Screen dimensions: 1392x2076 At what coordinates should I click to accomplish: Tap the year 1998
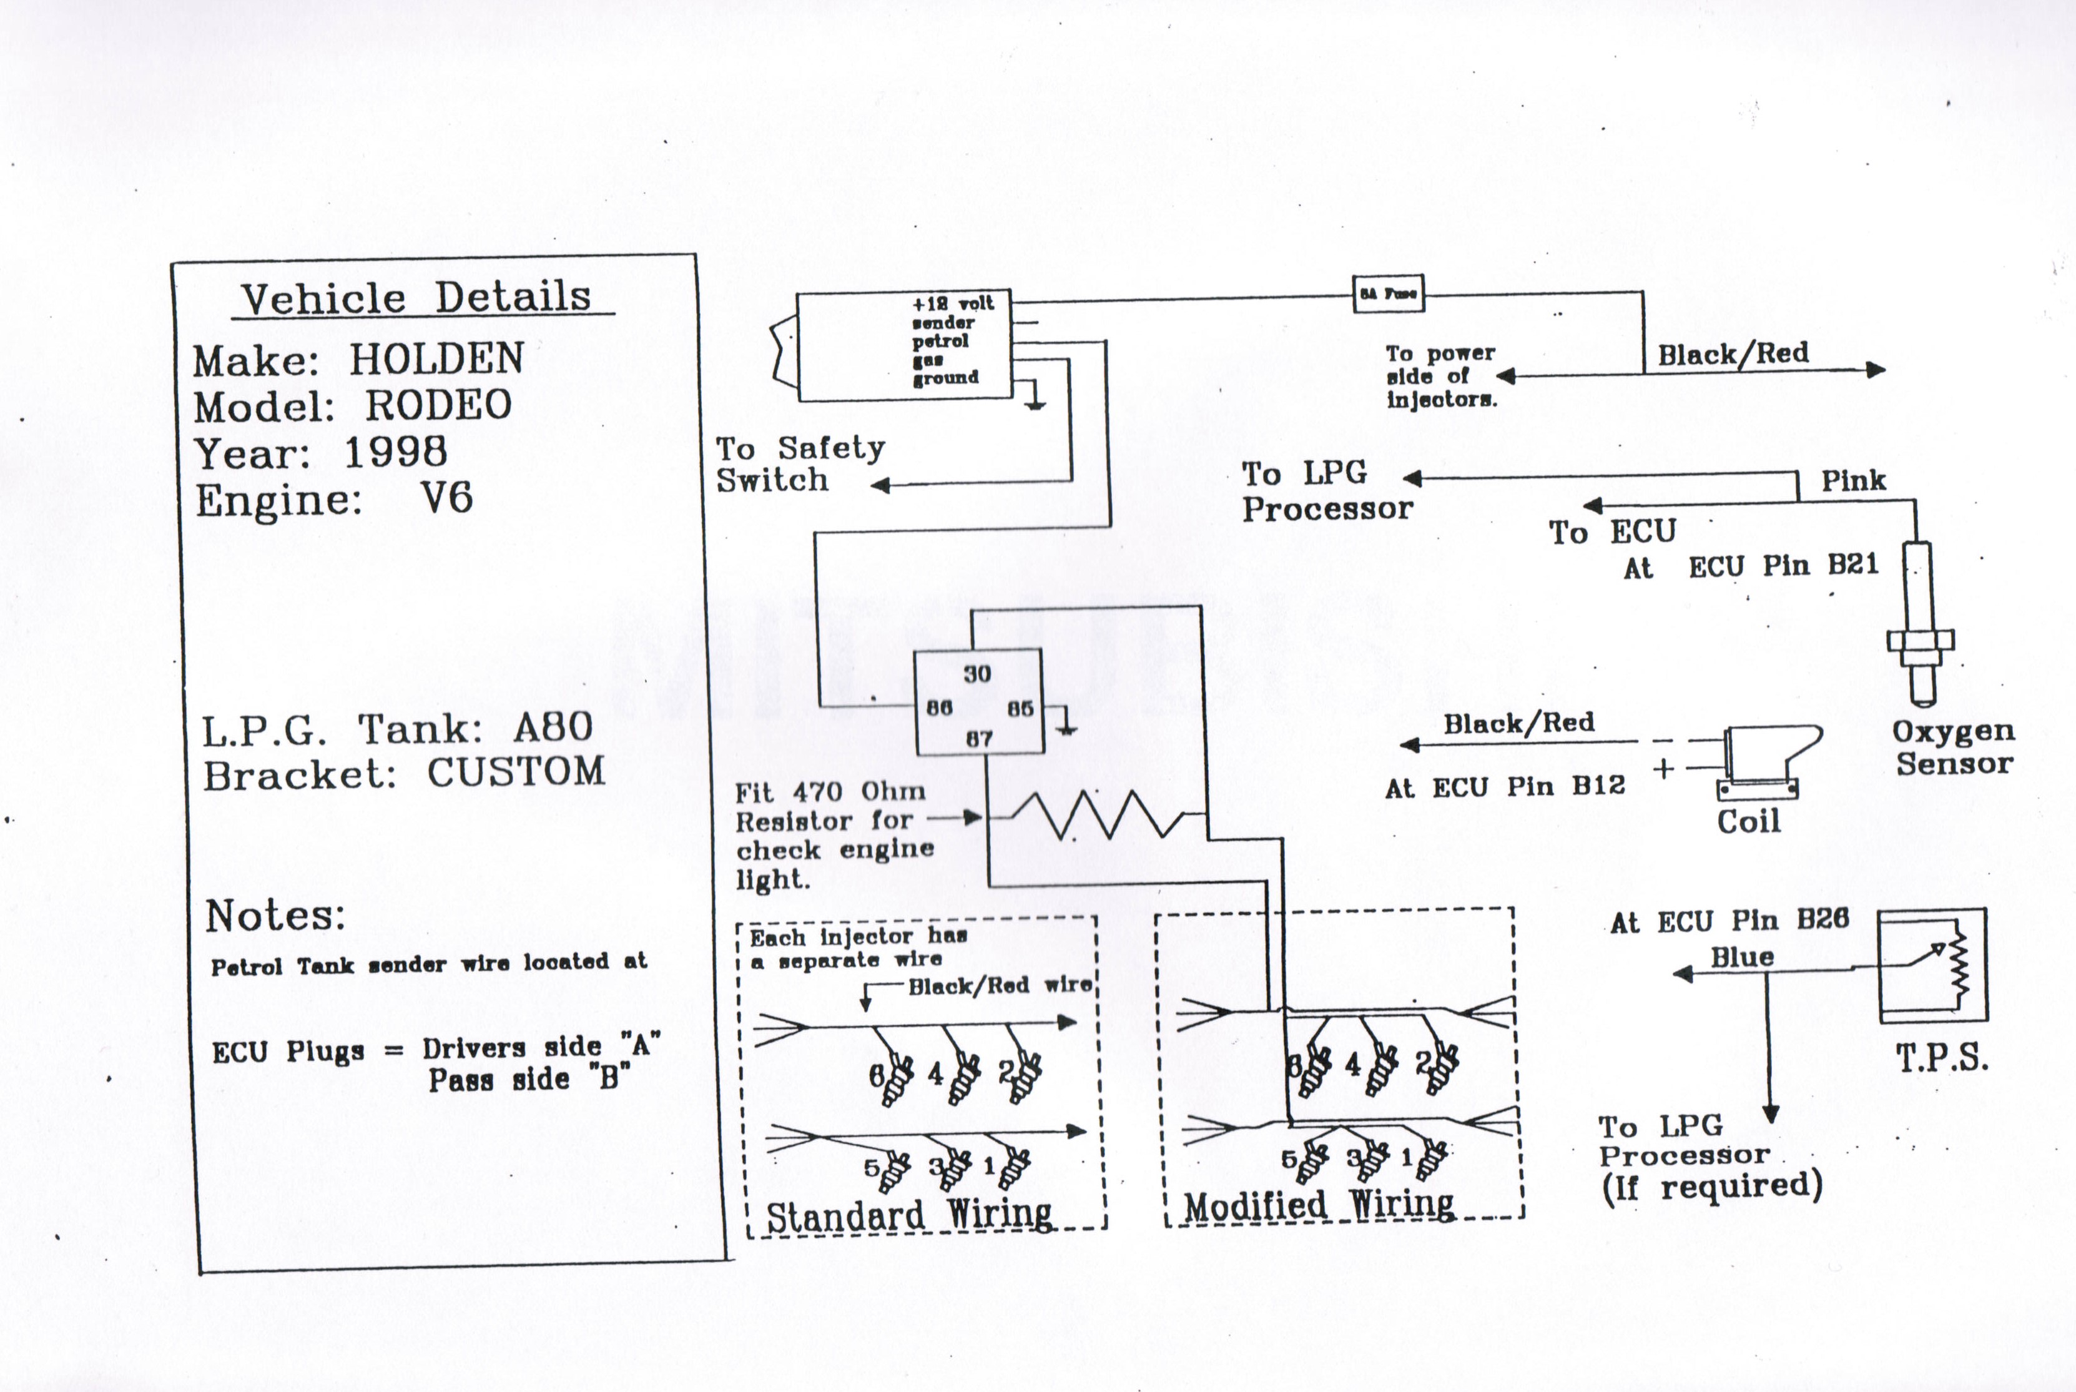click(x=395, y=452)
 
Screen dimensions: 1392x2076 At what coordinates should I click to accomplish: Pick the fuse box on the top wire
click(x=1388, y=293)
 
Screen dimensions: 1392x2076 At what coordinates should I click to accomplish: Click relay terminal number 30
click(x=977, y=674)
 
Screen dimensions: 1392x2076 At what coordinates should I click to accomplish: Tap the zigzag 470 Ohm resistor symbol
click(x=1097, y=815)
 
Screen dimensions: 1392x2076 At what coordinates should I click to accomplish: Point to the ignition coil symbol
click(x=1762, y=761)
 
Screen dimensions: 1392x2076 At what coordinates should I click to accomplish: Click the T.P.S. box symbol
click(x=1932, y=964)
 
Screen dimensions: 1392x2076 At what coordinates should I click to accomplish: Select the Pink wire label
click(x=1853, y=481)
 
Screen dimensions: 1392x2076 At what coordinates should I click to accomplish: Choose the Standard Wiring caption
click(x=909, y=1215)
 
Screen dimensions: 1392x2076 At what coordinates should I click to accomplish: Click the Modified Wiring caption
click(x=1319, y=1205)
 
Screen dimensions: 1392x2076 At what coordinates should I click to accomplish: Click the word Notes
click(x=275, y=916)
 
